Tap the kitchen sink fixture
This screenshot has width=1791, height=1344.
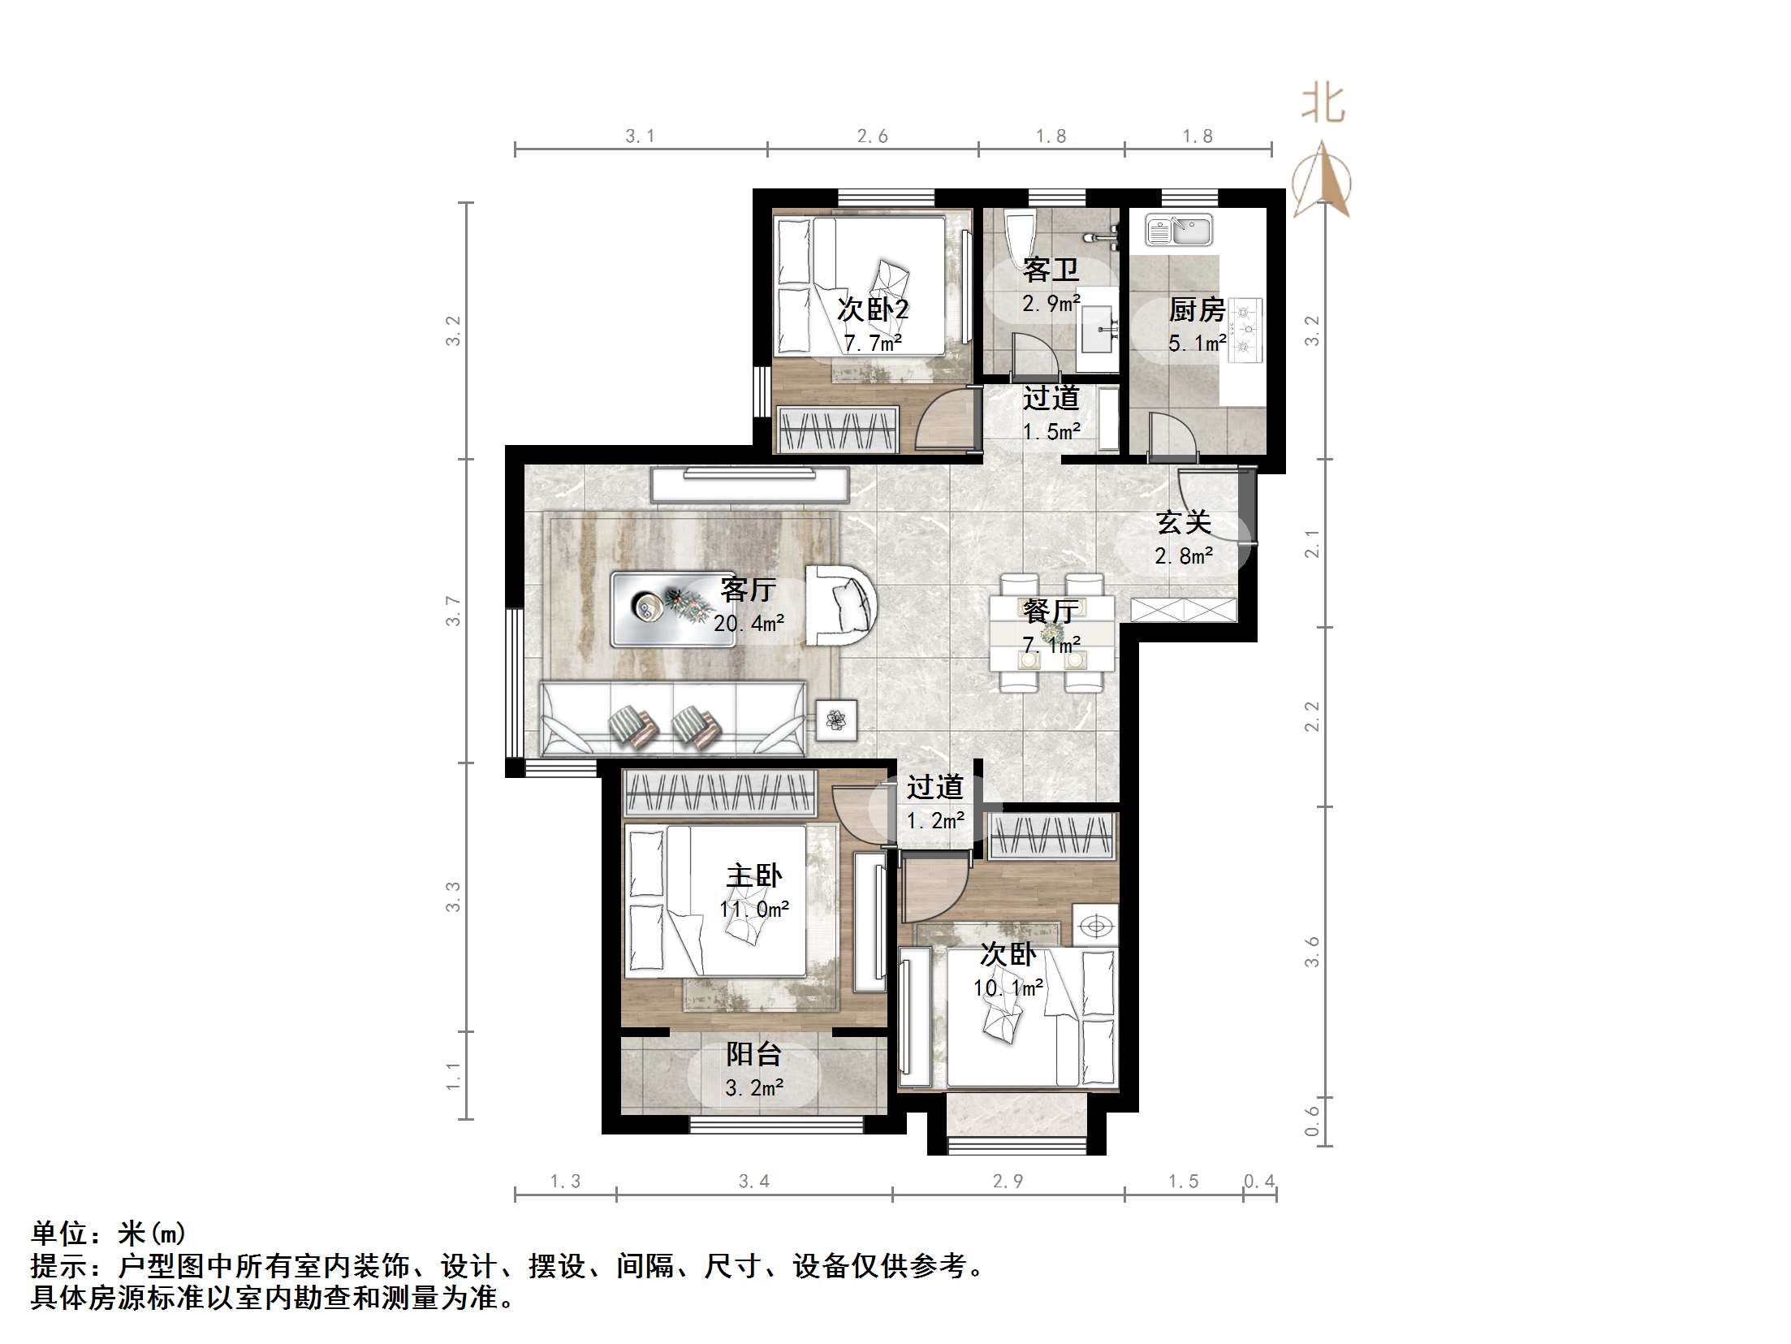tap(1178, 231)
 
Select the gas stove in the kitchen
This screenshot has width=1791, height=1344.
tap(1245, 330)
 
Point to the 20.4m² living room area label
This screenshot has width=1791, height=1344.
tap(749, 624)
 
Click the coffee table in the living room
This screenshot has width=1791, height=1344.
tap(673, 609)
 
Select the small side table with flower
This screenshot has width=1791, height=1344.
tap(836, 720)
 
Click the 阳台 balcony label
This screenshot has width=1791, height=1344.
tap(753, 1054)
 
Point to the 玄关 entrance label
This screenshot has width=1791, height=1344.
tap(1184, 522)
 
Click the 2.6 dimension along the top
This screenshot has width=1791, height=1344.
tap(873, 136)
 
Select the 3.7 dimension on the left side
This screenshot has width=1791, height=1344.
tap(453, 611)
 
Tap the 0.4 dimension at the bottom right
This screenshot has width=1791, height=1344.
tap(1259, 1182)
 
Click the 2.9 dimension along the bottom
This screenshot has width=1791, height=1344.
tap(1008, 1182)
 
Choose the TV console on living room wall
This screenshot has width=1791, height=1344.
tap(749, 486)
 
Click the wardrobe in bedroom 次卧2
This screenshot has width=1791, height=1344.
tap(837, 429)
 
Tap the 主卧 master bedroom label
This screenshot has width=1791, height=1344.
tap(753, 875)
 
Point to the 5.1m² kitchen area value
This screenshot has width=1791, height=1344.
tap(1197, 344)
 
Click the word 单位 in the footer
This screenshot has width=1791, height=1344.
tap(59, 1234)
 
